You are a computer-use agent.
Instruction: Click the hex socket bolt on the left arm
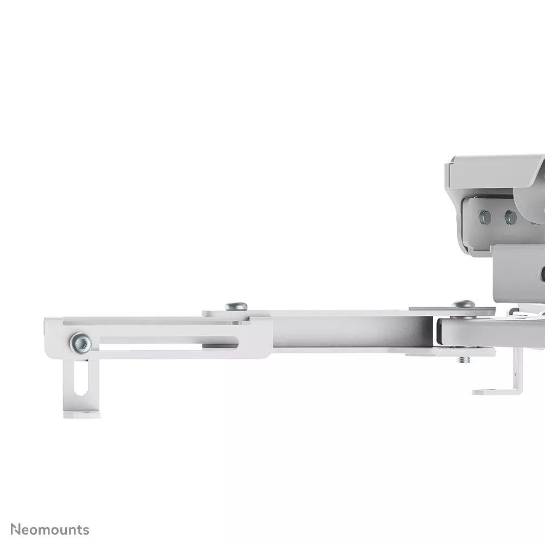tap(81, 343)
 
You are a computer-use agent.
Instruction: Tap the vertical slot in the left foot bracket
tap(81, 378)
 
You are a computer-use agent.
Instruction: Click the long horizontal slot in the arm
tap(169, 342)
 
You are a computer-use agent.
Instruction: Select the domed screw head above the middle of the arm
tap(236, 307)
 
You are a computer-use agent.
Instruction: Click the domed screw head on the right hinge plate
tap(464, 304)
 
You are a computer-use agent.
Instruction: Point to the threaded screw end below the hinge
tap(464, 360)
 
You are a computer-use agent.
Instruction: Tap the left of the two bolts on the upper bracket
tap(485, 218)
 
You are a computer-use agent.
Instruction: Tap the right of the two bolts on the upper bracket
tap(511, 218)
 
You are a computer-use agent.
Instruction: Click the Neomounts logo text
tap(50, 530)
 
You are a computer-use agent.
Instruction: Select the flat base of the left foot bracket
tap(81, 414)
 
